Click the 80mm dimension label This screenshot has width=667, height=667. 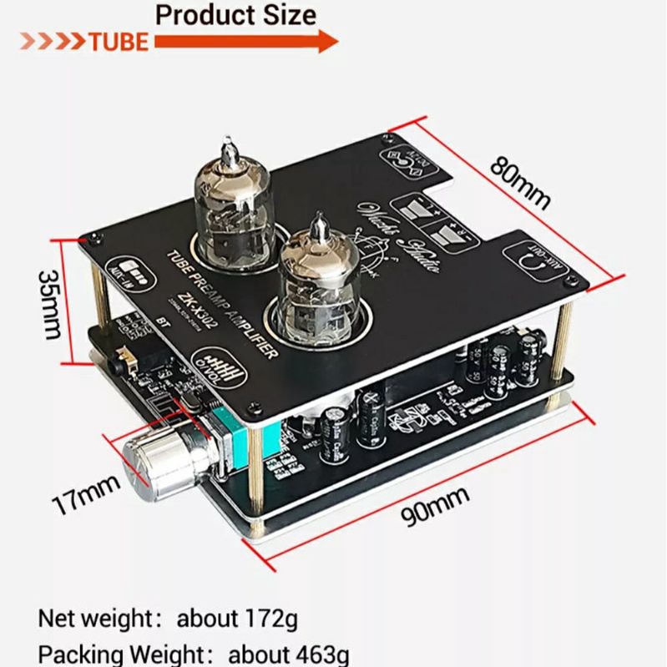pyautogui.click(x=520, y=181)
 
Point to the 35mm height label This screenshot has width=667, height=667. pyautogui.click(x=50, y=304)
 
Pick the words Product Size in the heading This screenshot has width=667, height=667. pyautogui.click(x=236, y=14)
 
